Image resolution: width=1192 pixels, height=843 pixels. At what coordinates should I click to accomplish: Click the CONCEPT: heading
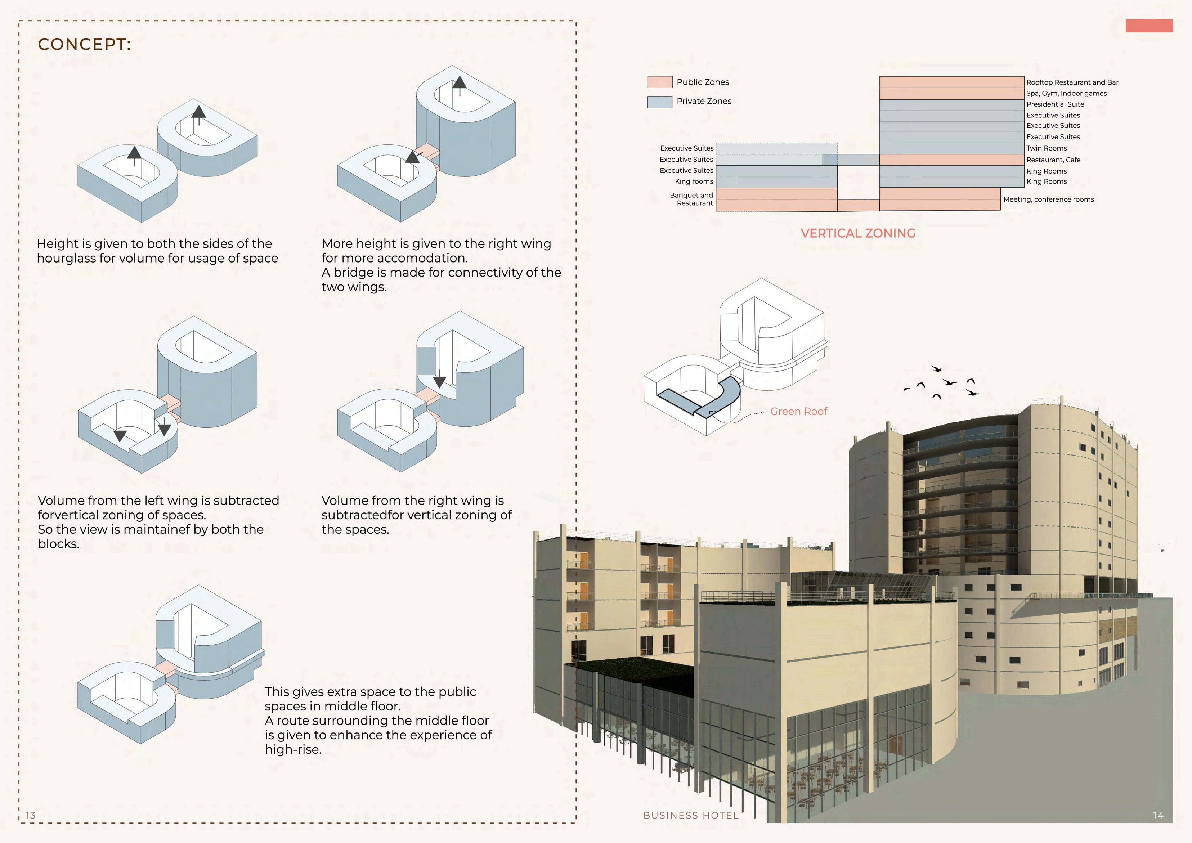[x=84, y=45]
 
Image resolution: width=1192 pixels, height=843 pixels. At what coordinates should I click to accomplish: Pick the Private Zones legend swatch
[x=659, y=102]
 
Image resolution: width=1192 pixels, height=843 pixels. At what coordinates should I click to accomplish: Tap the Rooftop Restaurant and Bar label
[x=1072, y=82]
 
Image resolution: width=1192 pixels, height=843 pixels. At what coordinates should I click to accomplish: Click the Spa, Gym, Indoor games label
[x=1066, y=93]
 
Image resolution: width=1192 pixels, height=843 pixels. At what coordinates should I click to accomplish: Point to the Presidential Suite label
[x=1055, y=104]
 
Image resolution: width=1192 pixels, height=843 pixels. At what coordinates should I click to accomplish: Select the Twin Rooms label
[x=1046, y=148]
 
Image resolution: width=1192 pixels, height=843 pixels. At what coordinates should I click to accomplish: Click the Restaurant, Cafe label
[x=1053, y=160]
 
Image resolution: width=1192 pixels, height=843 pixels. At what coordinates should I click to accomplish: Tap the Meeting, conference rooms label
[x=1048, y=199]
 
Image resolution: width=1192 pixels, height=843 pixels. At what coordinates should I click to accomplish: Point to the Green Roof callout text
[x=798, y=412]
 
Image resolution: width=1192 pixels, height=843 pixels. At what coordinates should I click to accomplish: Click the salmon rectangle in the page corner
[x=1148, y=26]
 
